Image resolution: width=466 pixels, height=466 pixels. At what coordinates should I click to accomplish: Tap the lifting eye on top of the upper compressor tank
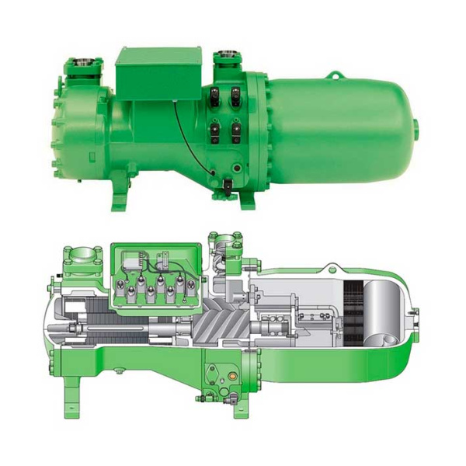coord(333,75)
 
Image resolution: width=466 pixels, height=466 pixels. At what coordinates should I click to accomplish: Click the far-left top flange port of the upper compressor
coord(80,63)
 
